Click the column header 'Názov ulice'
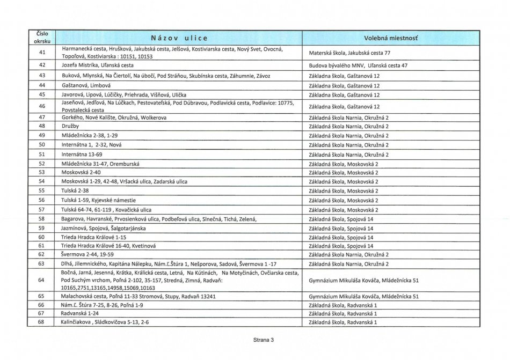(179, 38)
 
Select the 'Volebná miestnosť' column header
(390, 38)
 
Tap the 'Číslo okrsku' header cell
(42, 38)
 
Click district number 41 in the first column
(42, 53)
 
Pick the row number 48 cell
(42, 126)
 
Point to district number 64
(42, 280)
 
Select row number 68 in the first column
(42, 322)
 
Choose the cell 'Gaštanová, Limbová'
(86, 85)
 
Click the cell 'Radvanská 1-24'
(81, 313)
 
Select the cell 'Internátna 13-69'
(82, 155)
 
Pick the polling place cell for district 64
(364, 280)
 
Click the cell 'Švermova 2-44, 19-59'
(88, 254)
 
